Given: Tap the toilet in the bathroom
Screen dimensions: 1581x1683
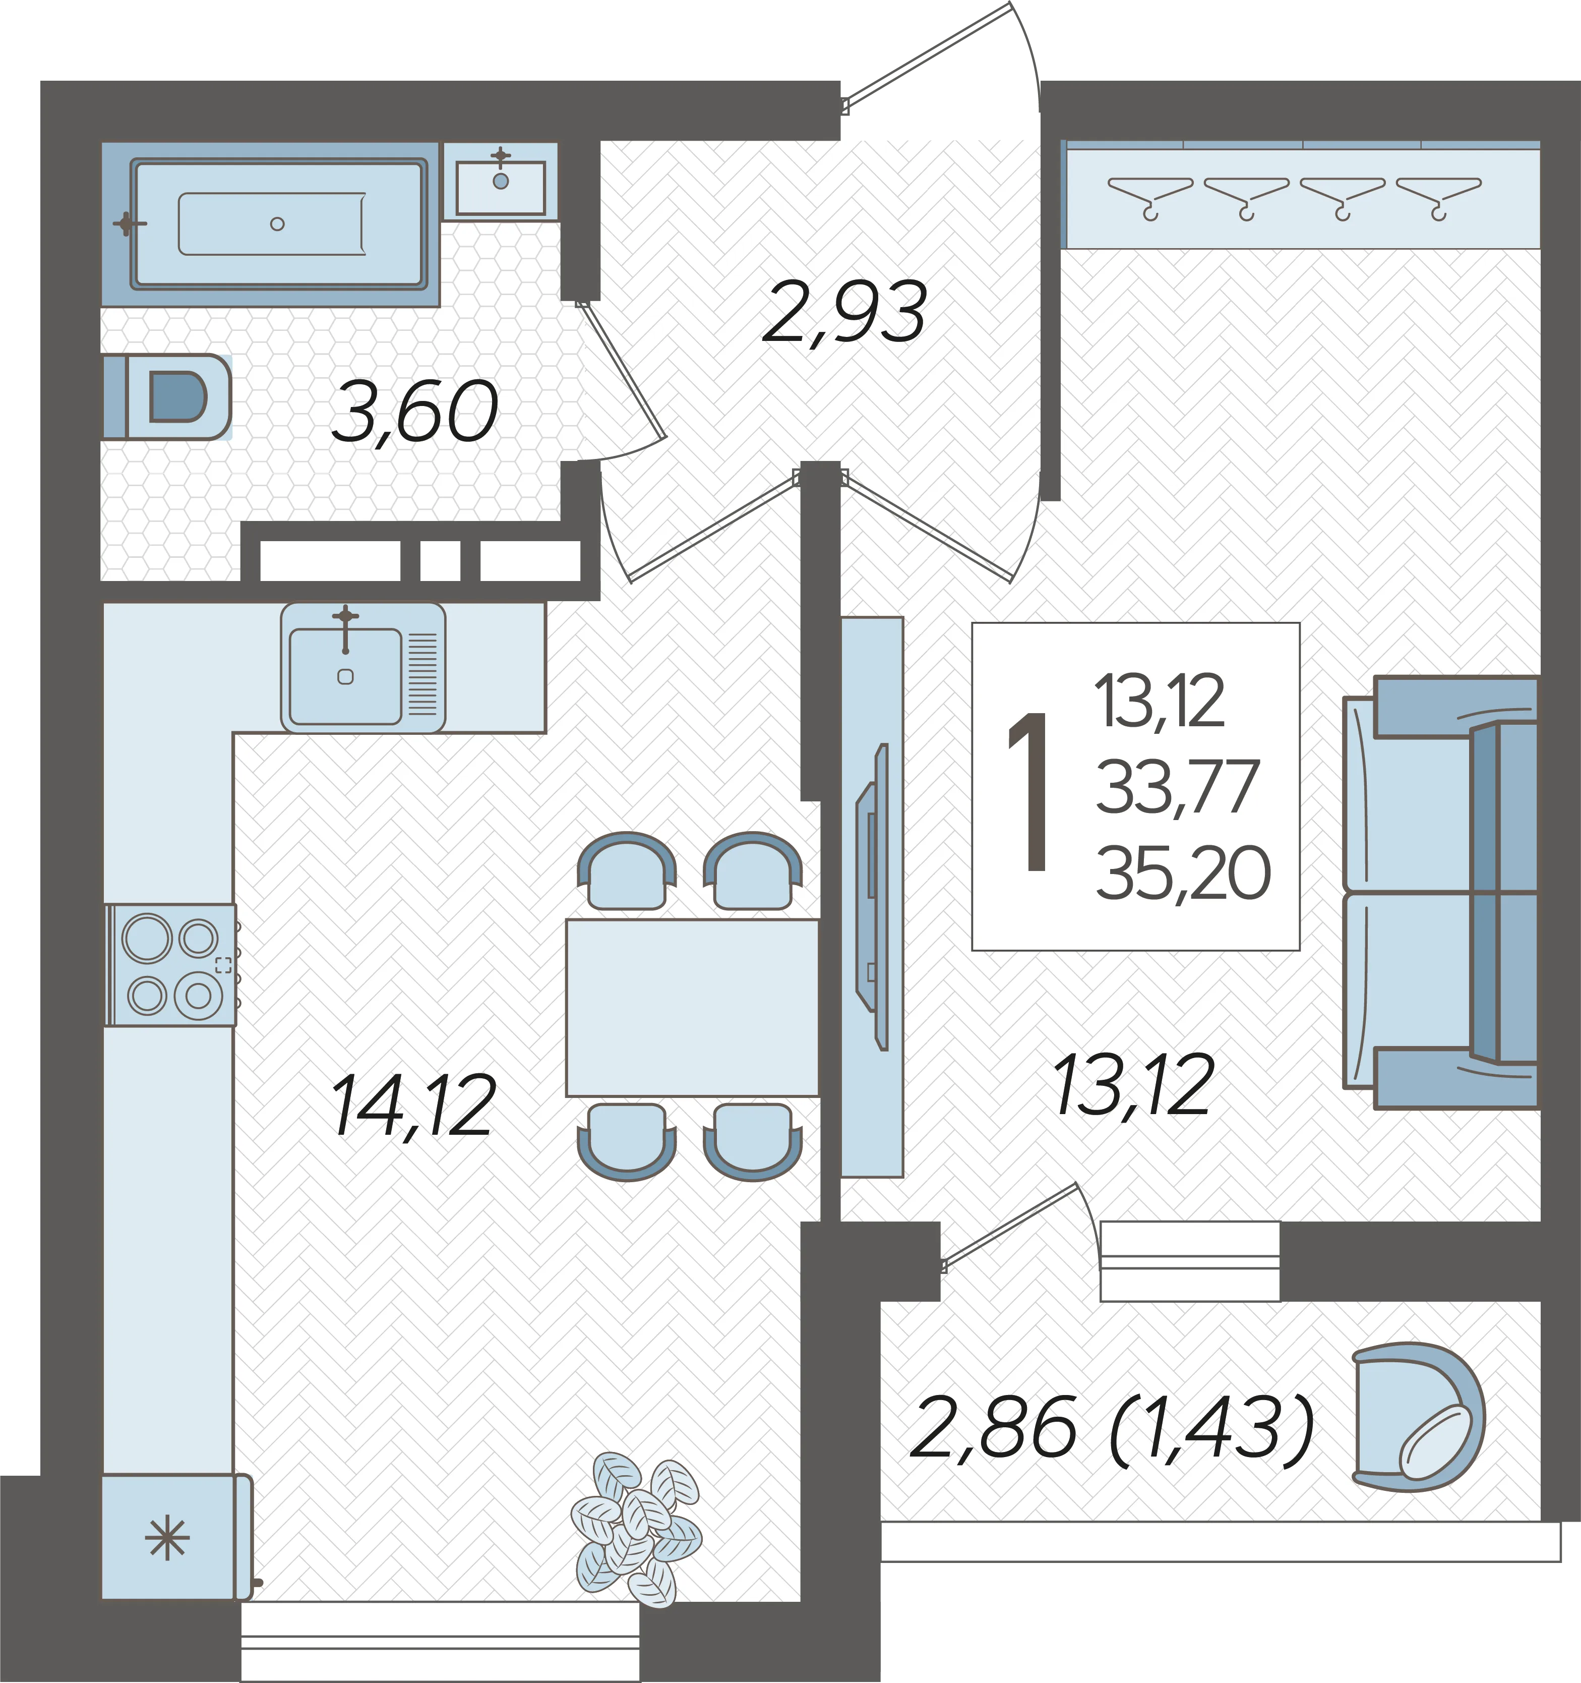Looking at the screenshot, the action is tap(167, 396).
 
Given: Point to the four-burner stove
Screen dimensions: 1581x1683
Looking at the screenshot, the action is tap(171, 965).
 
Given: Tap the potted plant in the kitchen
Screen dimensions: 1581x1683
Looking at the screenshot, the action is tap(636, 1530).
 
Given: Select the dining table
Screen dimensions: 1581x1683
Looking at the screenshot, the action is tap(692, 1008).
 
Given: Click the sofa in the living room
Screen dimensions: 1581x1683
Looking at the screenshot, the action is tap(1440, 892).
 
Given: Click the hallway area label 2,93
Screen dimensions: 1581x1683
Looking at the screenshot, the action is tap(844, 313).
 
